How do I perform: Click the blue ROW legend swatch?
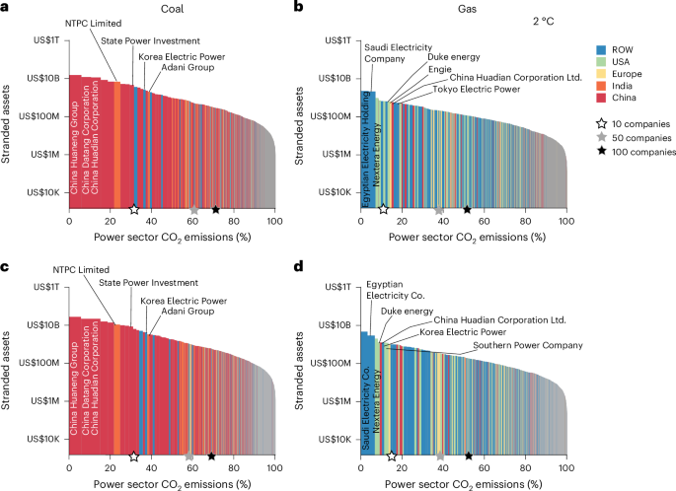601,49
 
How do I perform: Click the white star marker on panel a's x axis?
134,209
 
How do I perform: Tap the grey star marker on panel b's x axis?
439,209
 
